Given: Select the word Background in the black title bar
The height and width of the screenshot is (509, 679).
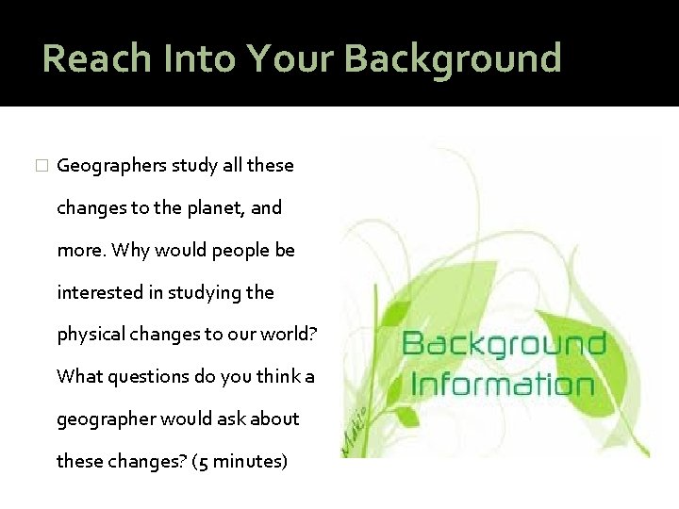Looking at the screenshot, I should point(452,57).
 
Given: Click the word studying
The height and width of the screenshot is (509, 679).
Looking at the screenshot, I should point(206,292).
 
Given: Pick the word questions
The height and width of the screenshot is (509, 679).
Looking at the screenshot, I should point(150,376).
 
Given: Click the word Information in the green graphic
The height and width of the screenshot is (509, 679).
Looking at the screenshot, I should point(503,385).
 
